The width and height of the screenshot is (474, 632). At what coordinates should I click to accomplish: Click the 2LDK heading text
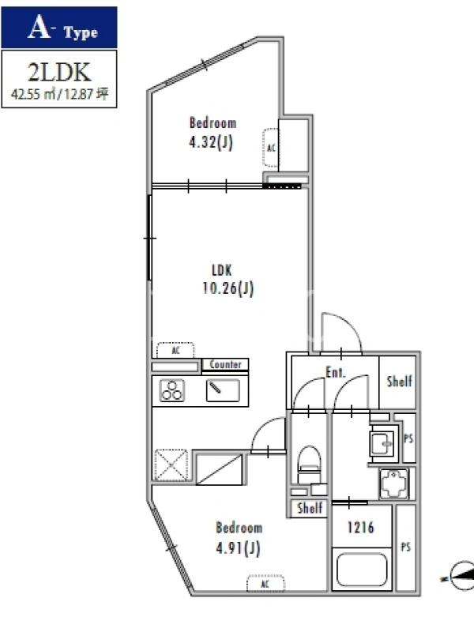tap(59, 73)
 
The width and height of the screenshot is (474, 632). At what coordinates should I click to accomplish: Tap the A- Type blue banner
tap(59, 28)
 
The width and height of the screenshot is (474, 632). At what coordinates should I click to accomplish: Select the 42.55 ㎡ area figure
tap(34, 94)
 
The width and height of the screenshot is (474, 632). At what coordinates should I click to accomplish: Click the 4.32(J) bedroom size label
tap(211, 142)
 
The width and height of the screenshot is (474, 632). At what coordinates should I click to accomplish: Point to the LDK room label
tap(222, 270)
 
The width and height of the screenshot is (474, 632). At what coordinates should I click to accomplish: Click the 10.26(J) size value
tap(228, 288)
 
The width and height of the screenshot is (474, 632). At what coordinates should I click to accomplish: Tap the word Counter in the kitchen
tap(225, 364)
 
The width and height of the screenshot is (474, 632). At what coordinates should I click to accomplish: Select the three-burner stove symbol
tap(172, 390)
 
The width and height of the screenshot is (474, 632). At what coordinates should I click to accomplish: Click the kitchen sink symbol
tap(223, 390)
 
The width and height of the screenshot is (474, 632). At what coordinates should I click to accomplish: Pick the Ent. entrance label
tap(335, 372)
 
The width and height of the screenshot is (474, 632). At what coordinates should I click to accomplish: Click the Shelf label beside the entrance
tap(399, 382)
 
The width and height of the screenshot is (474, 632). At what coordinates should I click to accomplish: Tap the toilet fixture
tap(309, 465)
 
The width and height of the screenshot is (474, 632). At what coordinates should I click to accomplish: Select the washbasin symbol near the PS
tap(382, 442)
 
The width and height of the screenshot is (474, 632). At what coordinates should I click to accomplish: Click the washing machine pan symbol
tap(393, 483)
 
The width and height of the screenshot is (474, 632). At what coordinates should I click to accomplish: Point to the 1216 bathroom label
tap(360, 527)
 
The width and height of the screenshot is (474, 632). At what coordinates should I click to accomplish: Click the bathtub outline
tap(362, 570)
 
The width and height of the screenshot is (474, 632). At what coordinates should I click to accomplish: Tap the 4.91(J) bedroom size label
tap(238, 548)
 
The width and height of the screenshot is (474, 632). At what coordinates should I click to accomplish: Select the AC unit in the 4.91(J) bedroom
tap(265, 584)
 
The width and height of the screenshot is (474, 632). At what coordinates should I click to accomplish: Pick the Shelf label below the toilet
tap(310, 508)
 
